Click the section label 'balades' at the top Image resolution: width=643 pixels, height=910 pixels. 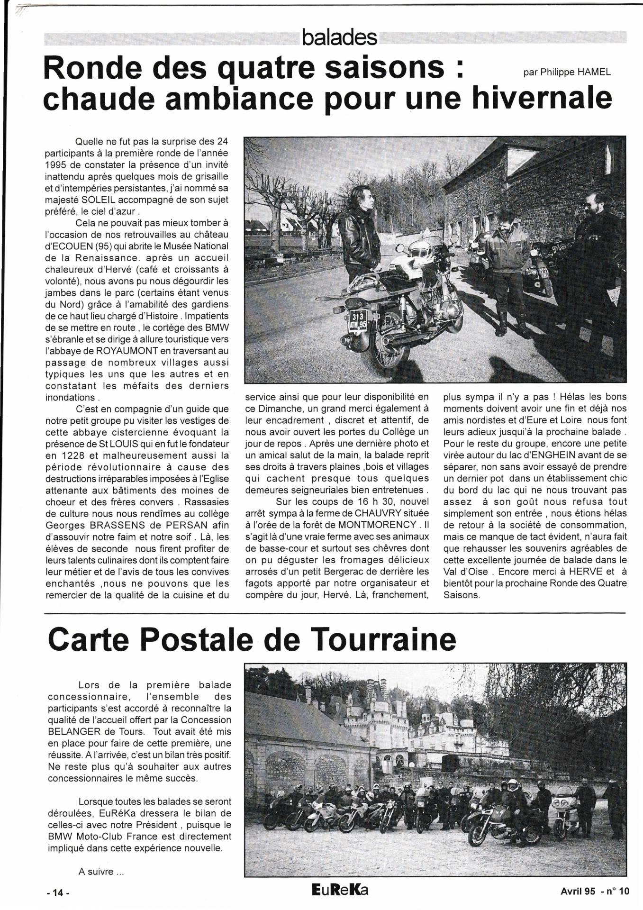339,38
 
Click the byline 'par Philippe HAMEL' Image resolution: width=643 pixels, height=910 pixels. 567,73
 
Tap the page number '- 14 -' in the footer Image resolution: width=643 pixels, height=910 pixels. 58,893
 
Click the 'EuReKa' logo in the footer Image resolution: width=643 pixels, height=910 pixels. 340,891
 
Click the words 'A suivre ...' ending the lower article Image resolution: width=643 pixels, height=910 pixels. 101,871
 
